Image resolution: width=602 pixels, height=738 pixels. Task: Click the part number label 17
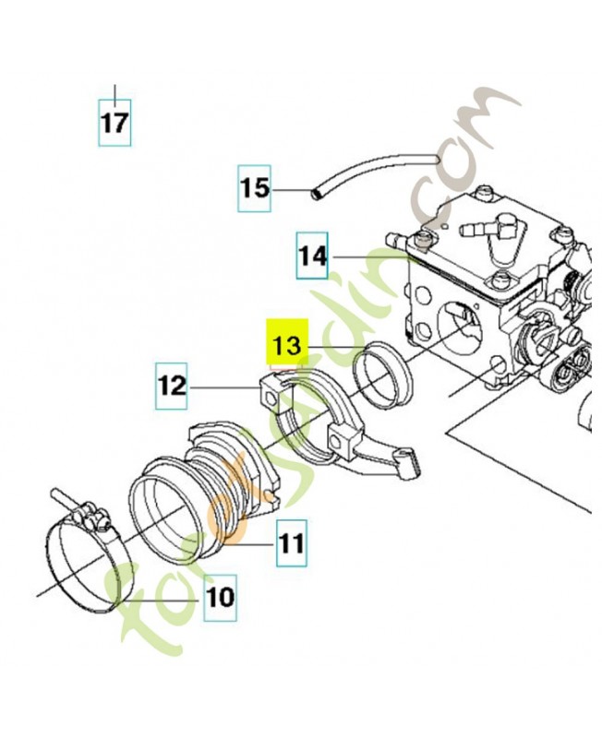[x=115, y=123]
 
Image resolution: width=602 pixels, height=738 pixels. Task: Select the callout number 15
[x=255, y=188]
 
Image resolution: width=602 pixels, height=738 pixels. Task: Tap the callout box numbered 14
[x=312, y=256]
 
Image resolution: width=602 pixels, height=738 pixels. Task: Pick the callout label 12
[x=173, y=386]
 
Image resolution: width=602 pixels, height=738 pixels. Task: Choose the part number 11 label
[x=291, y=542]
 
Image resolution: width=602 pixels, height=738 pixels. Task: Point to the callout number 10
[x=220, y=597]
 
